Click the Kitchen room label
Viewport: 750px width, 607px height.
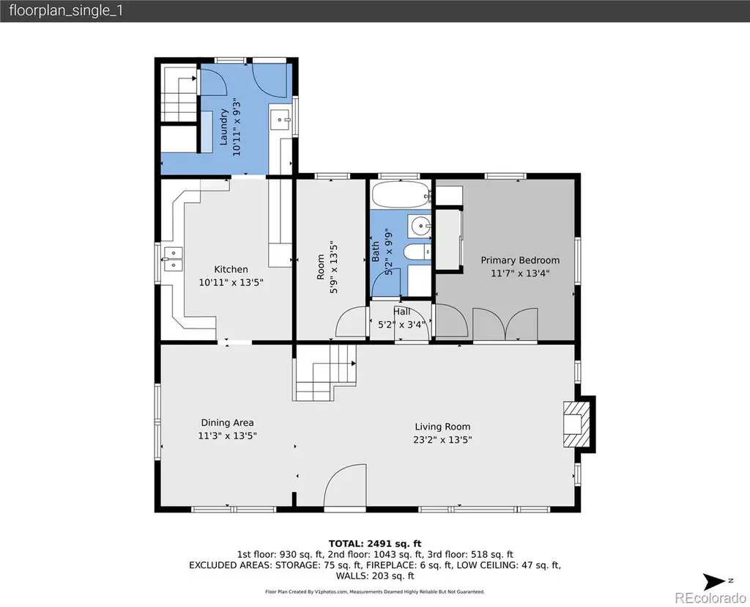(x=231, y=270)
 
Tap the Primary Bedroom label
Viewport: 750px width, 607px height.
(x=520, y=260)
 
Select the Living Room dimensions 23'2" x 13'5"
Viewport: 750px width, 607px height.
(x=442, y=439)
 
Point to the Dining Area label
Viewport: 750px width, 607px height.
(x=227, y=423)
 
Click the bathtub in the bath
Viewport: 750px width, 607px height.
(x=401, y=194)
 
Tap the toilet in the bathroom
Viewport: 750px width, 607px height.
(x=417, y=251)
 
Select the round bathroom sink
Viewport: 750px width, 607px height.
(x=420, y=225)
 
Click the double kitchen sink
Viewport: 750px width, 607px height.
(x=172, y=259)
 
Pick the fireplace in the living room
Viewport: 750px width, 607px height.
(x=578, y=424)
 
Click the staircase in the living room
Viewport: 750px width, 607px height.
(x=325, y=373)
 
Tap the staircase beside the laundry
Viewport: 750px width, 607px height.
(x=179, y=93)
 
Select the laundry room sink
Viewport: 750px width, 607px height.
(x=281, y=119)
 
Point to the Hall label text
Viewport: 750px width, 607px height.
(x=402, y=312)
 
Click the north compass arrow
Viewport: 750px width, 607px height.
(x=715, y=581)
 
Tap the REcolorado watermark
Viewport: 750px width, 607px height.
(x=710, y=598)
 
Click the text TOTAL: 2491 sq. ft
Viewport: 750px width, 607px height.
(x=375, y=544)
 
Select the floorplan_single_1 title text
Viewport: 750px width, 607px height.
(x=66, y=10)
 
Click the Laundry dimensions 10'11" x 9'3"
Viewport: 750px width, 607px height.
(x=237, y=128)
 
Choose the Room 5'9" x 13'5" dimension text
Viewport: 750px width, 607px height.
(x=333, y=267)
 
